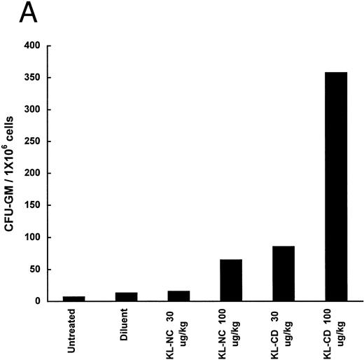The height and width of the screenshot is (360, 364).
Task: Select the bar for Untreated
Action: pyautogui.click(x=73, y=298)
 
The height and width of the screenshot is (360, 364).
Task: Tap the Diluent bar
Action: pyautogui.click(x=126, y=297)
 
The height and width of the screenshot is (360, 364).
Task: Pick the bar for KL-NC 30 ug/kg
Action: pyautogui.click(x=178, y=296)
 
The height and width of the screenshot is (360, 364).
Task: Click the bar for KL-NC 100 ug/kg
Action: pyautogui.click(x=230, y=280)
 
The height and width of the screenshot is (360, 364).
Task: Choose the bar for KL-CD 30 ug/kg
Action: pyautogui.click(x=283, y=274)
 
